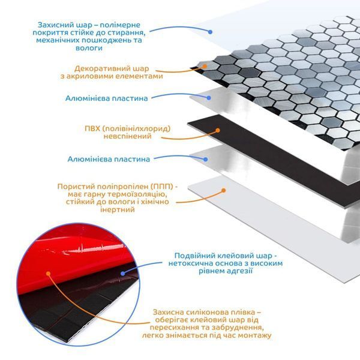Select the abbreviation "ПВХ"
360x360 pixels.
click(x=92, y=128)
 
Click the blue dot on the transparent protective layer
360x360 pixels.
click(x=210, y=32)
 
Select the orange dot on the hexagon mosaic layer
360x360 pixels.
click(x=205, y=67)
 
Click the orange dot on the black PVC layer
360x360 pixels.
click(x=218, y=130)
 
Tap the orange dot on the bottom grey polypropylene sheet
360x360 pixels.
click(x=223, y=190)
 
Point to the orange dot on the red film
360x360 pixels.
click(x=48, y=274)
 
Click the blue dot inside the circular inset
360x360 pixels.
click(x=123, y=273)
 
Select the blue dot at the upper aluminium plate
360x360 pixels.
click(x=209, y=98)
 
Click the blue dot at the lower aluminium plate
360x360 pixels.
click(x=206, y=160)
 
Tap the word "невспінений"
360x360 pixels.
click(x=127, y=136)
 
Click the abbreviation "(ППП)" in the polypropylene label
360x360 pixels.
click(x=163, y=187)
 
